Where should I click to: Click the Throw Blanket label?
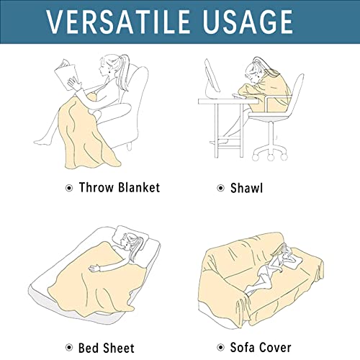click(120, 188)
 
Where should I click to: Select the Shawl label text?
click(248, 188)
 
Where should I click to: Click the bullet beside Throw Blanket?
click(70, 189)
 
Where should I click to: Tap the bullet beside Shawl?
click(221, 189)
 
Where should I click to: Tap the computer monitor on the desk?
click(214, 76)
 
